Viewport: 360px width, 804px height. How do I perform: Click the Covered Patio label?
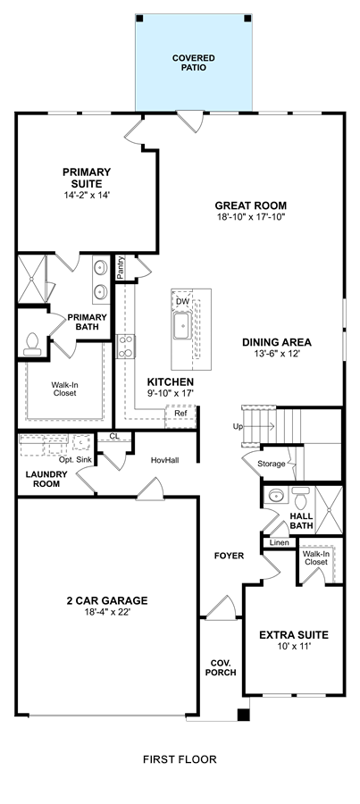click(x=193, y=63)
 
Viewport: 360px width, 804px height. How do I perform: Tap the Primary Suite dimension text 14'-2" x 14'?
click(x=87, y=195)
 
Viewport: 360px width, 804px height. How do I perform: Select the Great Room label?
click(x=251, y=206)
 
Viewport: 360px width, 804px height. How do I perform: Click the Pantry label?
click(x=121, y=268)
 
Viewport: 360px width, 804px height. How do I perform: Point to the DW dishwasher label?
click(x=182, y=302)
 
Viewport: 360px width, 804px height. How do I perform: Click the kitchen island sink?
click(x=181, y=326)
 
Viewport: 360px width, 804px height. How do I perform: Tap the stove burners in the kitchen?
click(x=126, y=346)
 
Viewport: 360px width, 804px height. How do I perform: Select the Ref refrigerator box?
click(x=180, y=417)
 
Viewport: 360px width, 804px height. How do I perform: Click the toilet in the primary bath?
click(x=32, y=344)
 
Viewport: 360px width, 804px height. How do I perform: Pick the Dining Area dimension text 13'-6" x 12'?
click(x=277, y=353)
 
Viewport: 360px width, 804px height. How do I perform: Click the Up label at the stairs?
click(x=238, y=426)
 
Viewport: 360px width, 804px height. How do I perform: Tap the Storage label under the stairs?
click(x=271, y=464)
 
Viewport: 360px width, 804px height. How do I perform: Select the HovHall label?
click(x=165, y=460)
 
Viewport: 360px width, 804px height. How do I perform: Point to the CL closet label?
click(x=114, y=436)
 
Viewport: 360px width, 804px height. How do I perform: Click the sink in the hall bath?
click(x=277, y=496)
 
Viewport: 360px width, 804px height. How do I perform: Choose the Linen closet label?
click(x=280, y=542)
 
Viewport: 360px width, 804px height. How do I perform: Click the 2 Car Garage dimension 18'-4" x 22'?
click(x=106, y=612)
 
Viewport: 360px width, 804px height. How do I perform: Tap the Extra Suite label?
click(x=294, y=635)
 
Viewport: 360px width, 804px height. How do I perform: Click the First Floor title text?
click(x=180, y=759)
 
